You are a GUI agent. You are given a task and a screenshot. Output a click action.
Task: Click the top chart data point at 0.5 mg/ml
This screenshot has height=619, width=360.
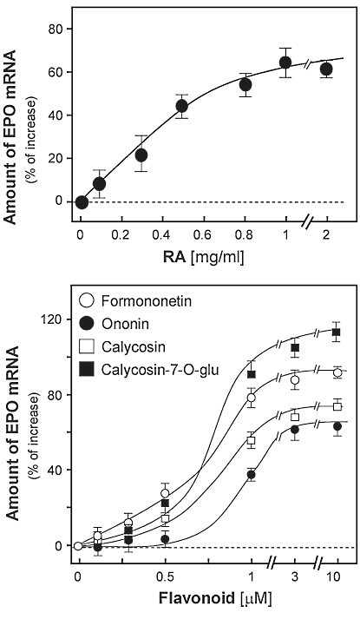pyautogui.click(x=182, y=106)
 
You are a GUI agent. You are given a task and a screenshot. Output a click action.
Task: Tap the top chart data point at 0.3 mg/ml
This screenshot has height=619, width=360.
pyautogui.click(x=141, y=155)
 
